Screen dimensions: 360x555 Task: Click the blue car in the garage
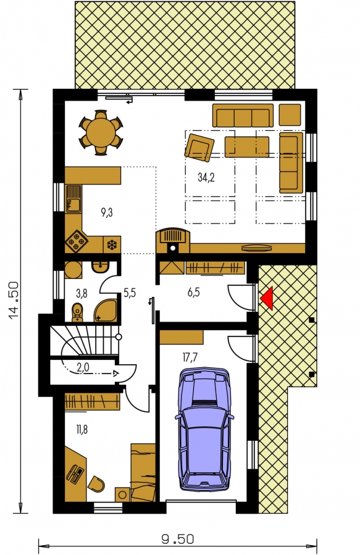point(204,429)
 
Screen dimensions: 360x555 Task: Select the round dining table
point(101,133)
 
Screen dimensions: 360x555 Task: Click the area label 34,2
point(206,177)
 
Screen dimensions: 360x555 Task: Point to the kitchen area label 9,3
point(107,213)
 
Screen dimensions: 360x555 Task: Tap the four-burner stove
point(76,241)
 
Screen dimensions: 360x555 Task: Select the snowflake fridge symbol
point(112,244)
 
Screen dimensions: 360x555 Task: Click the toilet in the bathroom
point(77,312)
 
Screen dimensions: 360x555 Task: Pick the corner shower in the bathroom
point(106,311)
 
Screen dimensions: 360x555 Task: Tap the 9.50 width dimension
point(178,540)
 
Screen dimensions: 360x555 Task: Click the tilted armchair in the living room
point(199,146)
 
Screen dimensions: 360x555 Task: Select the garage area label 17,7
point(190,357)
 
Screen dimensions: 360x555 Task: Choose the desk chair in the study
point(96,484)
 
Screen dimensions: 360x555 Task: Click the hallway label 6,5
point(193,293)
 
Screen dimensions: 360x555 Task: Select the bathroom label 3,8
point(82,293)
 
